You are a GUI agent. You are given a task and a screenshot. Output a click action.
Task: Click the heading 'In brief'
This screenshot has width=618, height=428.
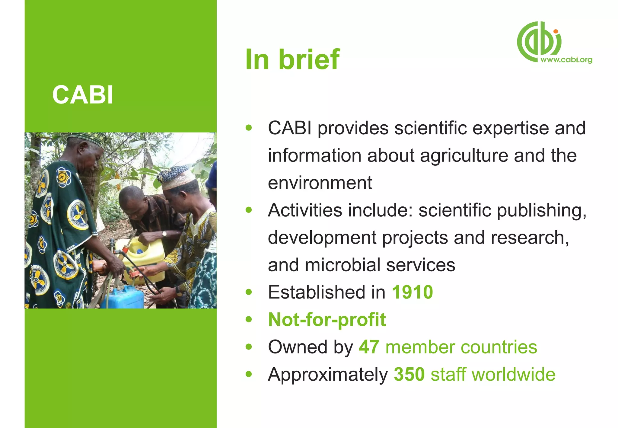292,59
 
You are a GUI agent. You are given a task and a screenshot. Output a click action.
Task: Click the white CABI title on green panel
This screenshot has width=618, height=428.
83,95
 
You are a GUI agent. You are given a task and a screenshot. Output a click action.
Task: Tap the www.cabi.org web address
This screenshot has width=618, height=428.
566,60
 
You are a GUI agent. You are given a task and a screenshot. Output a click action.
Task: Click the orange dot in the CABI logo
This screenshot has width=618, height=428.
556,31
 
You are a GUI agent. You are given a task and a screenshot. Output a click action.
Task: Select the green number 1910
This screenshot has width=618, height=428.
412,292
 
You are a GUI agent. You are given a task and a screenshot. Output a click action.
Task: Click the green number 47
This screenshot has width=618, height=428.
369,347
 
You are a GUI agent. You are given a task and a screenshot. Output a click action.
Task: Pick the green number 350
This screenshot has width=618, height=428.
409,374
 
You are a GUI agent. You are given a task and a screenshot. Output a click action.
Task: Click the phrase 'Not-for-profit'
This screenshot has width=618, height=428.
327,320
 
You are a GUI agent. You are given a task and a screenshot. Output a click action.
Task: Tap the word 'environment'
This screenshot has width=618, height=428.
320,183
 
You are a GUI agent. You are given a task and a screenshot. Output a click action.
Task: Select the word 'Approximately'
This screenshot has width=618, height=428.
328,375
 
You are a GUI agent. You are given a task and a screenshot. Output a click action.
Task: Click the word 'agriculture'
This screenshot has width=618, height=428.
464,156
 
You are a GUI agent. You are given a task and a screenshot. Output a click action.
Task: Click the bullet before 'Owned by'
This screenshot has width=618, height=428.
249,347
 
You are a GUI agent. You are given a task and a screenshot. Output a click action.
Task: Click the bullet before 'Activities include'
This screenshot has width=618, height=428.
249,210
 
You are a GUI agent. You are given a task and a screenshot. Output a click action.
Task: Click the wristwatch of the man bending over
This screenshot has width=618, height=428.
164,234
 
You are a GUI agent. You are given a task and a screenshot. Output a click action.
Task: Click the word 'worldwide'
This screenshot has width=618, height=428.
513,374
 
